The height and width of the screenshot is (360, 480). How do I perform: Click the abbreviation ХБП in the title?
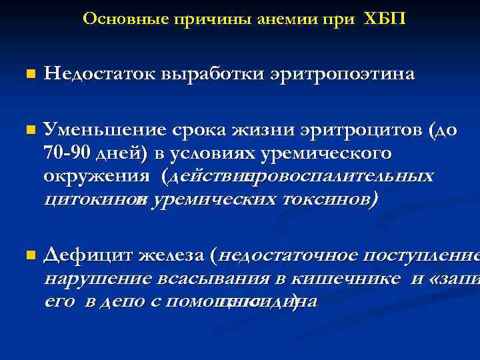point(385,19)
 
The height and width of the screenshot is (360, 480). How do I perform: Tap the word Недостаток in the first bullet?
point(99,73)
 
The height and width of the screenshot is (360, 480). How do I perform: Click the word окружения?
point(96,177)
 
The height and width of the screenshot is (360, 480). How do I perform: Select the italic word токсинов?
point(330,199)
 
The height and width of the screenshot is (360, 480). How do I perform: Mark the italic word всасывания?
point(213,279)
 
